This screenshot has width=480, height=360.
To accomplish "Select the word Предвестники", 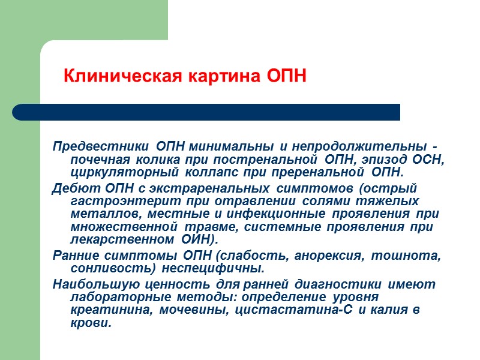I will click(101, 147).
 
